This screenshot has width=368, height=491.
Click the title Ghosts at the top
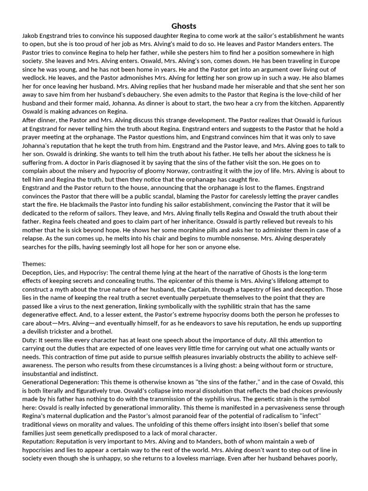[x=184, y=26]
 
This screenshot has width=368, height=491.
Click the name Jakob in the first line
[x=31, y=36]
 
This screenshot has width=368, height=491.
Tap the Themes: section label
[x=34, y=263]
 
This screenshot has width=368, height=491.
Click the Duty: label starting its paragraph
[x=30, y=339]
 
